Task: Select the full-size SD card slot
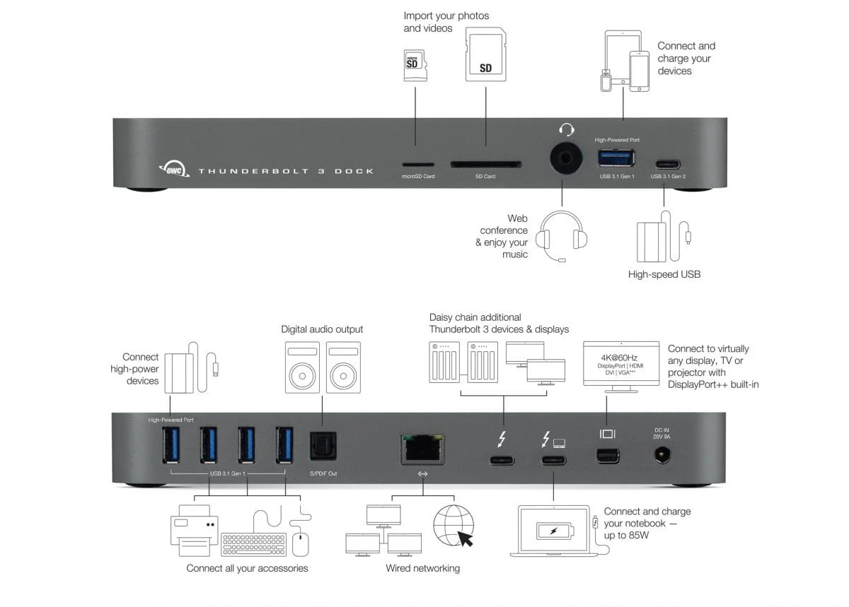click(x=485, y=165)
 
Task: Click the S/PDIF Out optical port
click(x=323, y=447)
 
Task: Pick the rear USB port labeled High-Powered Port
click(x=171, y=445)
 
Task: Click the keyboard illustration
click(x=253, y=543)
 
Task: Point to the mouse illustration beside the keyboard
click(x=300, y=543)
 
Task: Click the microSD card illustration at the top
click(x=415, y=65)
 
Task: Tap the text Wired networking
click(x=422, y=568)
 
